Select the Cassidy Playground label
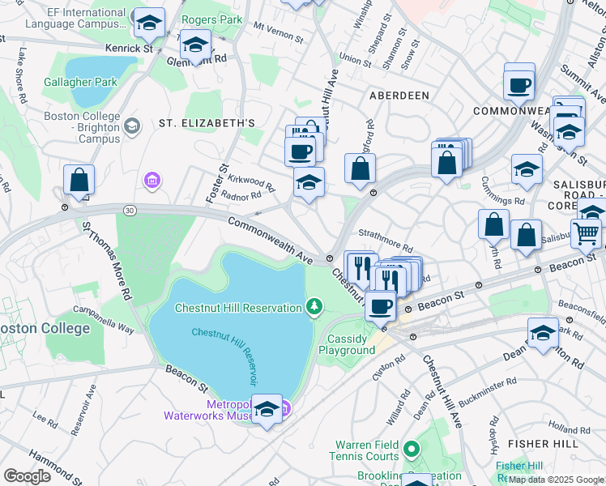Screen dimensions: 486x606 tap(352, 344)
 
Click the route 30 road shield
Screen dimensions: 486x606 tap(129, 211)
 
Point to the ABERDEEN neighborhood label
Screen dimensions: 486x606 tap(399, 96)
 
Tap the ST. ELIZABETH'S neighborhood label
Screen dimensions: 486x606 tap(207, 123)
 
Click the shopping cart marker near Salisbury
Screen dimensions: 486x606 tap(586, 234)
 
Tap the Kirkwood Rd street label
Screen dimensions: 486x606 tap(252, 181)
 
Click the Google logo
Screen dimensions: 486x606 tap(27, 476)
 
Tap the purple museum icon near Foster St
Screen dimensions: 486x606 tap(151, 179)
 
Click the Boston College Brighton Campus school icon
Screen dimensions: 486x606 tap(132, 126)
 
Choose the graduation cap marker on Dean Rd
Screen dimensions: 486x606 tap(542, 333)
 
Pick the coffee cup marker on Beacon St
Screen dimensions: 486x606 tap(380, 306)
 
